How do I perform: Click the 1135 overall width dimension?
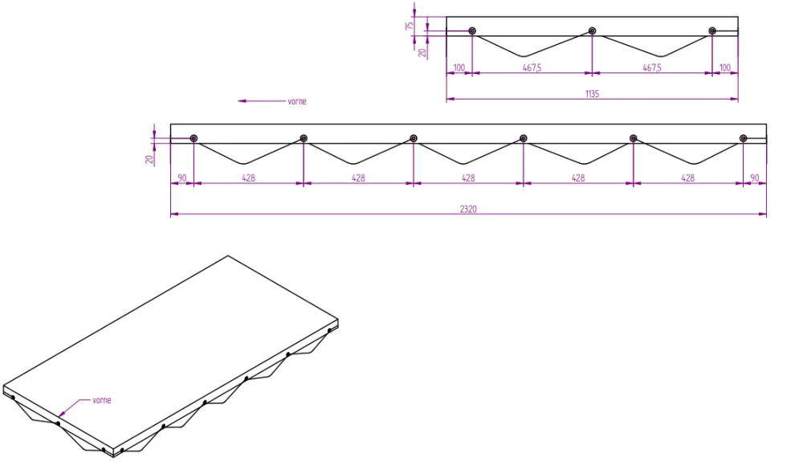(592, 94)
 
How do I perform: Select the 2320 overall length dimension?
(468, 209)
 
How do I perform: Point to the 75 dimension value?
(410, 26)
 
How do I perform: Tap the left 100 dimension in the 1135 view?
(459, 68)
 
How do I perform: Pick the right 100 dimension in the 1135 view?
(725, 68)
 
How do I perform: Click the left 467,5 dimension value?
(532, 68)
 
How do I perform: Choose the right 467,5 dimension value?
(652, 68)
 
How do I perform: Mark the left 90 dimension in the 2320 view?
(182, 178)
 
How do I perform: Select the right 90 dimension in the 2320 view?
(755, 178)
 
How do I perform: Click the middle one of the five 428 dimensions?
(468, 178)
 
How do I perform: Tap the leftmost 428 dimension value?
(248, 178)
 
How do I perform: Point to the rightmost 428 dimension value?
(687, 178)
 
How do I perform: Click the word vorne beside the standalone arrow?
(296, 102)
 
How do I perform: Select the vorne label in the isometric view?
(102, 400)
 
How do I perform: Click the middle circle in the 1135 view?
(592, 31)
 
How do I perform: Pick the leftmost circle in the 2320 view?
(194, 138)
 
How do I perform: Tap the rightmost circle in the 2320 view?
(743, 138)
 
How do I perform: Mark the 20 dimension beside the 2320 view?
(149, 158)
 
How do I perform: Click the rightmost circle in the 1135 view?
(712, 31)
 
